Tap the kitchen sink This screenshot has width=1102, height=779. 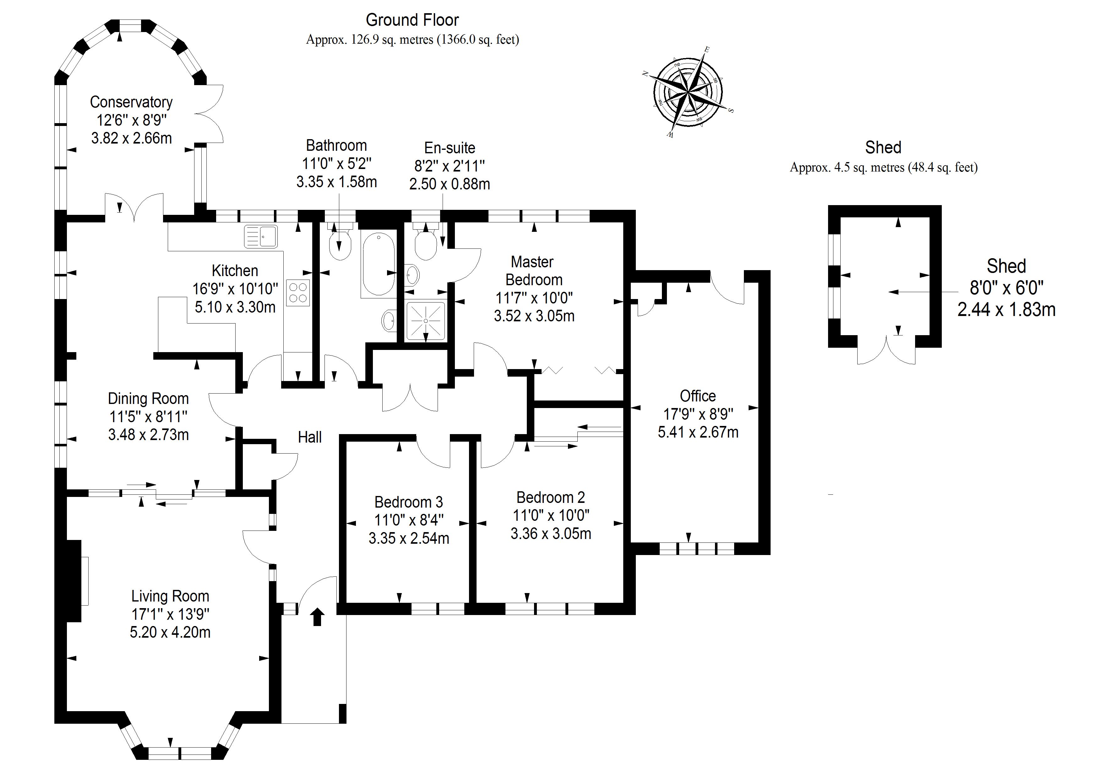coord(261,236)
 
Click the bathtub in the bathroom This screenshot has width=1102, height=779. coord(379,264)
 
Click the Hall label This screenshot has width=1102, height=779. coord(309,437)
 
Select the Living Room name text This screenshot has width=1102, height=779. coord(170,596)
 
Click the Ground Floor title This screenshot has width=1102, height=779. coord(412,20)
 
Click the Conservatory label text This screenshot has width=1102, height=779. coord(131,102)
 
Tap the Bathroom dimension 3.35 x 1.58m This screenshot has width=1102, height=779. coord(336,182)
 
